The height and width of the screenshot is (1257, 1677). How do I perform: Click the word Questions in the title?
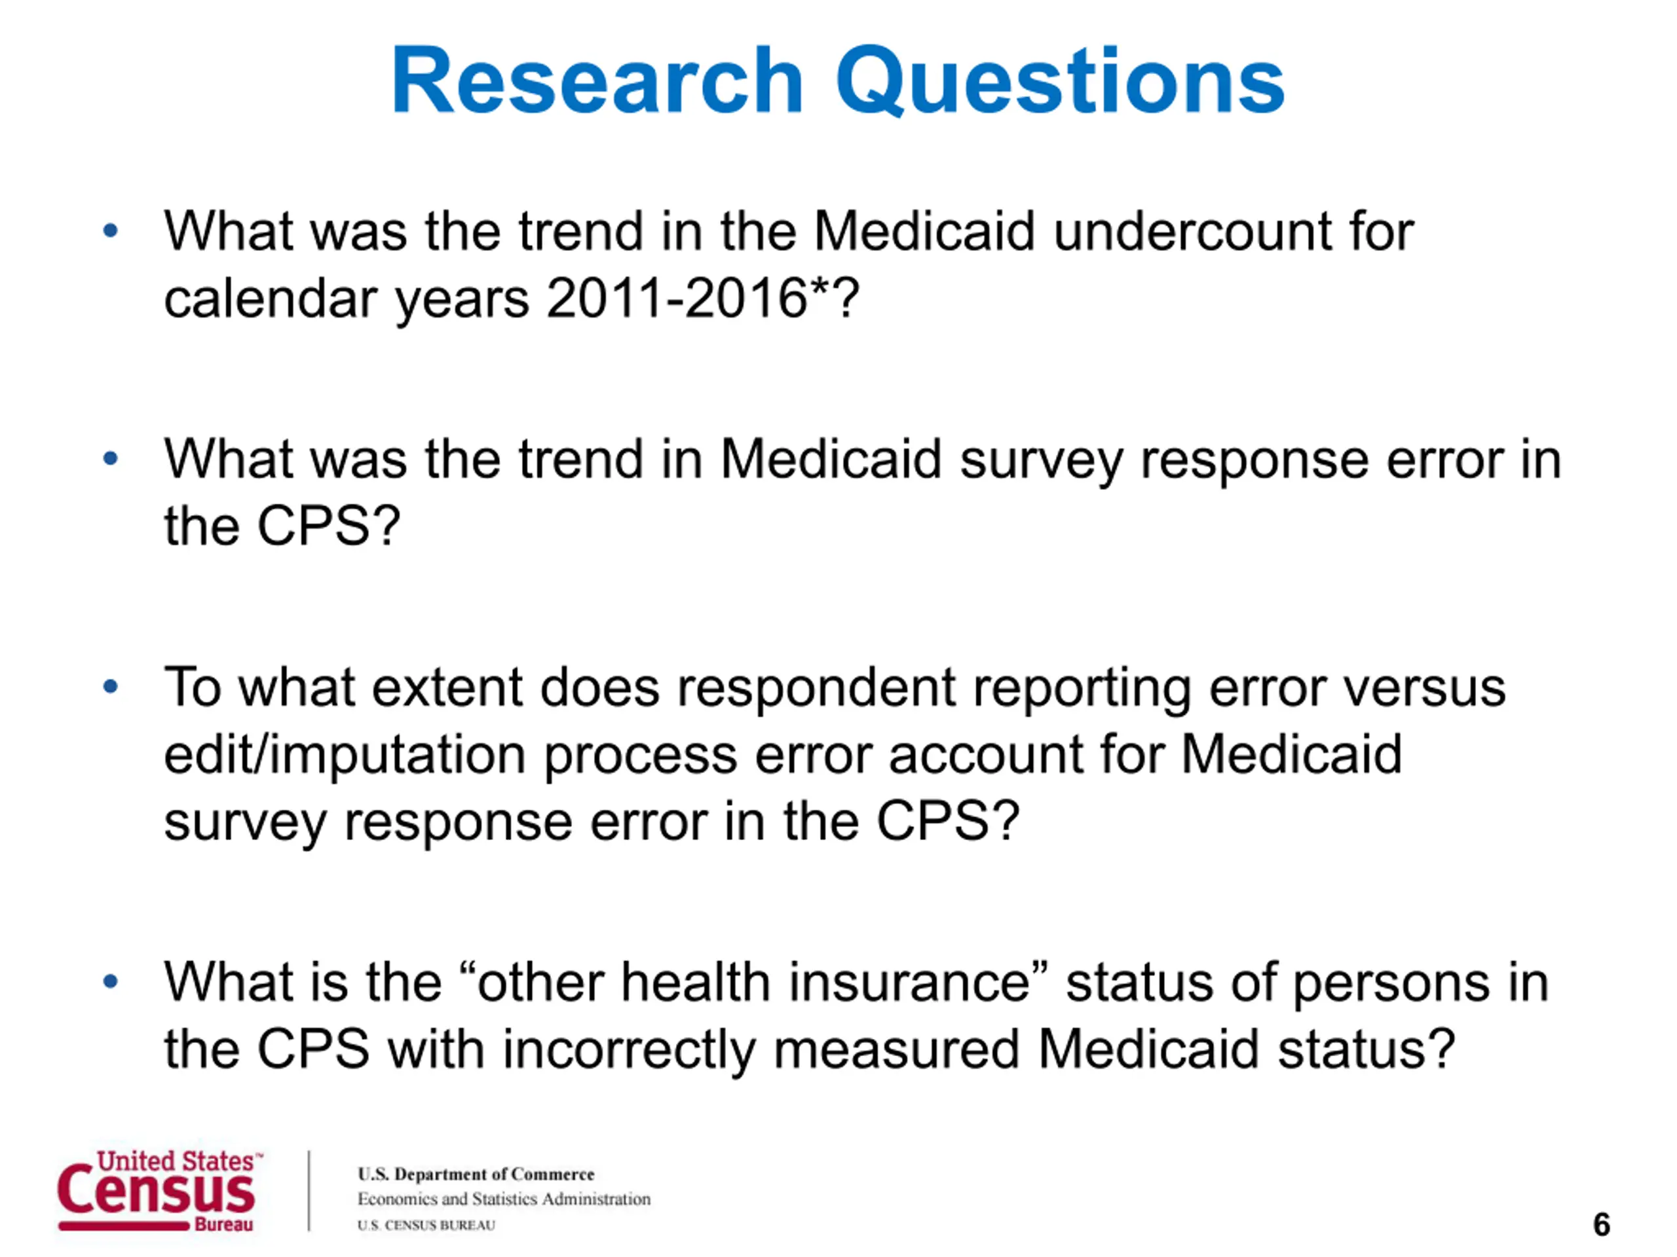(1060, 82)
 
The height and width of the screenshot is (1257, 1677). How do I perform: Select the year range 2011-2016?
(676, 298)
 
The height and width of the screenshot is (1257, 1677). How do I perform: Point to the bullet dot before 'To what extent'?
(111, 687)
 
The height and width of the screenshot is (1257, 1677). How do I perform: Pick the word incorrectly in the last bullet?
(628, 1051)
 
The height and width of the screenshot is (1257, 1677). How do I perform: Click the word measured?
(896, 1051)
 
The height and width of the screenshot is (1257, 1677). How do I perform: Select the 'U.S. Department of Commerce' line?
(476, 1175)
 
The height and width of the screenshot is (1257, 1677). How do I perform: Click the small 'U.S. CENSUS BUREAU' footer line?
(426, 1225)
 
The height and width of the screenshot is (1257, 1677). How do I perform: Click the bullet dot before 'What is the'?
(111, 982)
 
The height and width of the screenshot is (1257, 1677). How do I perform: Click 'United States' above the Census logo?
(176, 1161)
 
